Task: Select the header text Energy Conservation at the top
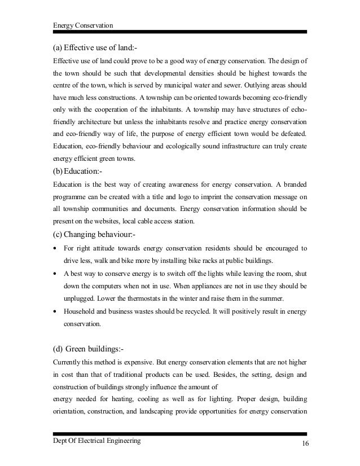[82, 25]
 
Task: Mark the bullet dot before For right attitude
[55, 248]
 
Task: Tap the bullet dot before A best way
[55, 272]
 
